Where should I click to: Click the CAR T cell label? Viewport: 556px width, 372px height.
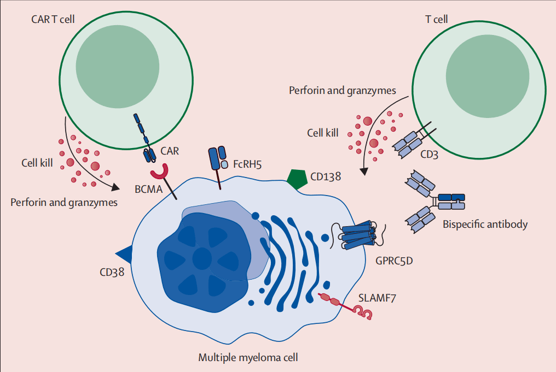tap(54, 20)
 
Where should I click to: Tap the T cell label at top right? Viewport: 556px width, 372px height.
tap(436, 20)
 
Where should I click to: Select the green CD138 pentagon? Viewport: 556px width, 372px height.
tap(296, 179)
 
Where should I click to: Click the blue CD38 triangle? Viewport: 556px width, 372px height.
tap(125, 252)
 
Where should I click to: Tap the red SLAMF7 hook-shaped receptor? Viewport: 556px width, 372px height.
tap(363, 313)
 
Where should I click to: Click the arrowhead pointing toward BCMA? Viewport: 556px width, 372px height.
tap(116, 187)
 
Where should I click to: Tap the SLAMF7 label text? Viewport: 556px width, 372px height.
tap(375, 298)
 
